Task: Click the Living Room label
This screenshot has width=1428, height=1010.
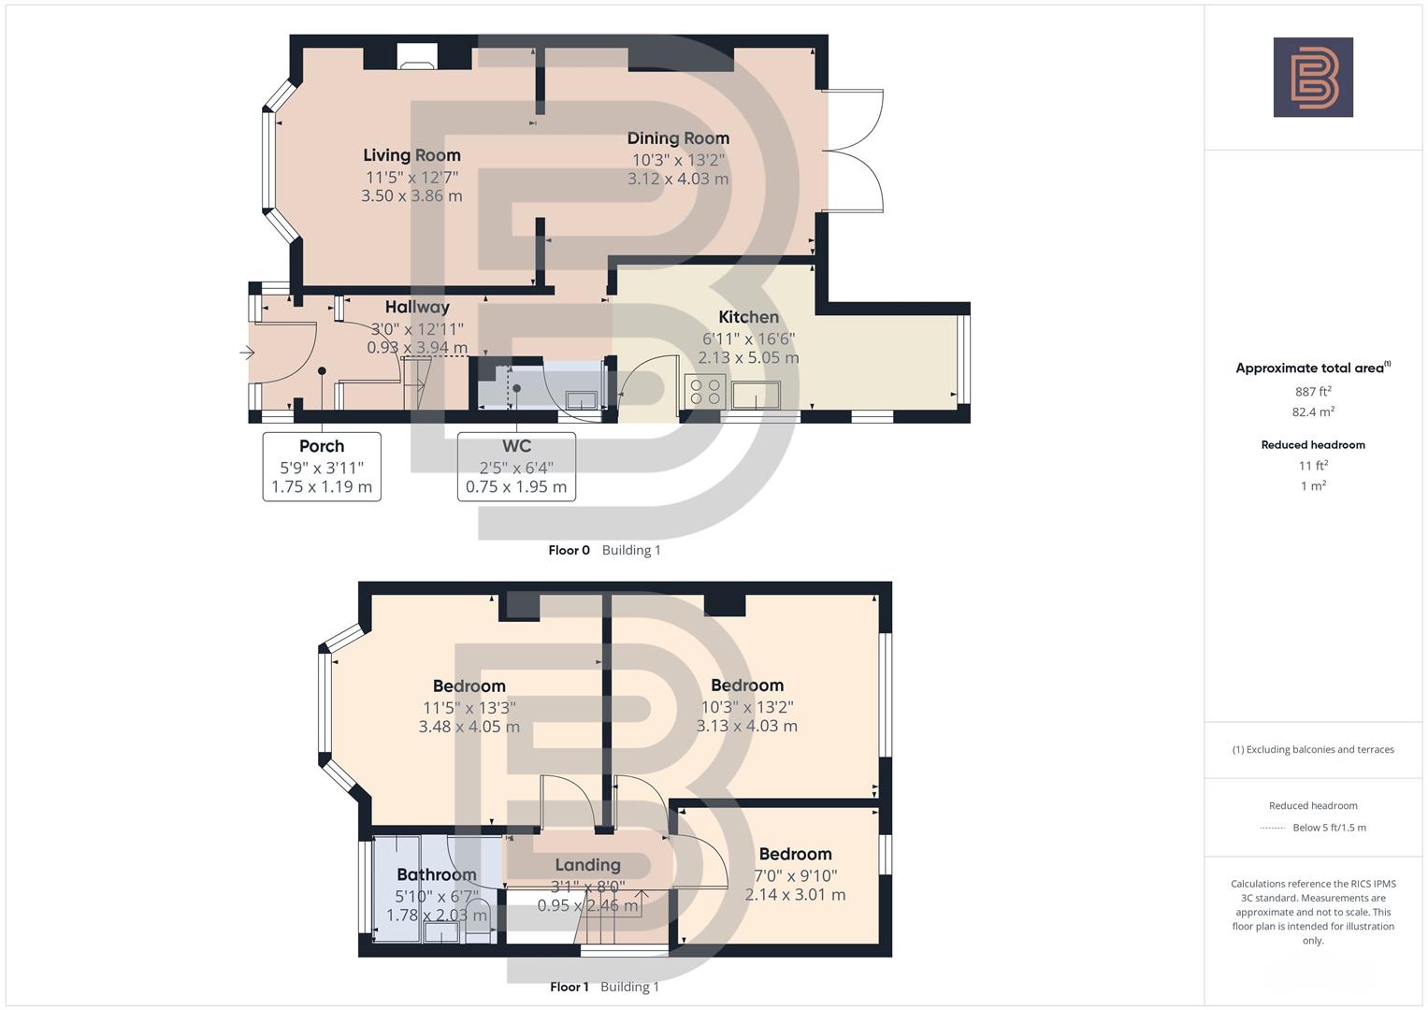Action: pyautogui.click(x=411, y=155)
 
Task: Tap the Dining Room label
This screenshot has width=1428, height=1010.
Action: pyautogui.click(x=678, y=138)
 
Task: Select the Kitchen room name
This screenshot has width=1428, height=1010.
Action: pyautogui.click(x=748, y=317)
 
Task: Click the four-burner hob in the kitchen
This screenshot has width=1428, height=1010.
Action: pyautogui.click(x=703, y=391)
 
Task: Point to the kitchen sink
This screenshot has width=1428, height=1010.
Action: pyautogui.click(x=757, y=396)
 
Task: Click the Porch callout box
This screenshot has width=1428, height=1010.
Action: pyautogui.click(x=322, y=466)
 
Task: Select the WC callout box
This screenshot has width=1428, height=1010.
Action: pyautogui.click(x=516, y=466)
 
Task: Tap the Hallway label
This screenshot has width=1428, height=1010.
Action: pyautogui.click(x=417, y=307)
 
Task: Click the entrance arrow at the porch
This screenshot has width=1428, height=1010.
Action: pyautogui.click(x=247, y=353)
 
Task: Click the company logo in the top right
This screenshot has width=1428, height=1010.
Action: pyautogui.click(x=1313, y=77)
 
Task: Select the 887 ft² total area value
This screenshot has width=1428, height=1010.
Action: pyautogui.click(x=1313, y=392)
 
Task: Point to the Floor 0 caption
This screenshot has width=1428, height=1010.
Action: pyautogui.click(x=569, y=550)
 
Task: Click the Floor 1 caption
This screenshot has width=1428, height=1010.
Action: pyautogui.click(x=569, y=987)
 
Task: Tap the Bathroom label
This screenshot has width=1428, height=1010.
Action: pyautogui.click(x=437, y=874)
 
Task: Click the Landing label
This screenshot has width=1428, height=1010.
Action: pyautogui.click(x=587, y=865)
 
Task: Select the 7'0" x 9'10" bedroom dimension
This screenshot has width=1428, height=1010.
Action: pyautogui.click(x=795, y=875)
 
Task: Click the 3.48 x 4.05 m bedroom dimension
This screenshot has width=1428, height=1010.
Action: pyautogui.click(x=469, y=727)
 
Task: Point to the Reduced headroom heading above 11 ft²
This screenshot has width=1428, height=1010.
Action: pyautogui.click(x=1313, y=445)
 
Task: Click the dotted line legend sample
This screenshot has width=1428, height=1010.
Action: pyautogui.click(x=1273, y=828)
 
